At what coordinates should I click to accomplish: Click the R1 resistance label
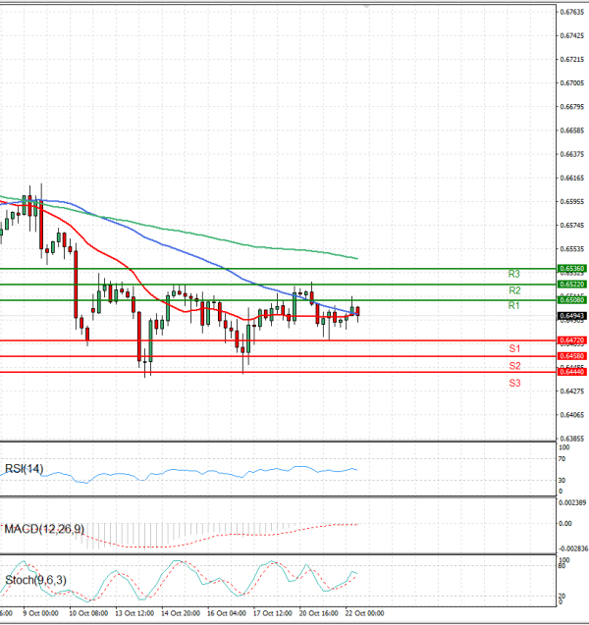(x=513, y=307)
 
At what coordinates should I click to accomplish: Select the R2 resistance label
(x=513, y=291)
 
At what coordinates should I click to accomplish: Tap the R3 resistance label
(x=513, y=274)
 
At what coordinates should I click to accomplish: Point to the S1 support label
(x=513, y=349)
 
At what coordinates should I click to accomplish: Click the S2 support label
(x=513, y=366)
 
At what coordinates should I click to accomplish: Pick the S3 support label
(x=513, y=383)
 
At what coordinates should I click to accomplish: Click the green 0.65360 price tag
(x=571, y=268)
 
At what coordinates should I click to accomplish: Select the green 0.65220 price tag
(x=571, y=284)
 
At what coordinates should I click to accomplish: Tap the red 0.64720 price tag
(x=571, y=340)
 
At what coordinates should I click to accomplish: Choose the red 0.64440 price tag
(x=571, y=372)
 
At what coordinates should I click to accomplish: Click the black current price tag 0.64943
(x=571, y=316)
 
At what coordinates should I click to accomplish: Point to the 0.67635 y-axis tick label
(x=571, y=13)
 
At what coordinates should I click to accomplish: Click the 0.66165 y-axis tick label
(x=571, y=179)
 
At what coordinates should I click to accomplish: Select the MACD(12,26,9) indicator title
(x=44, y=530)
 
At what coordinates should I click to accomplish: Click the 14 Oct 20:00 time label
(x=181, y=613)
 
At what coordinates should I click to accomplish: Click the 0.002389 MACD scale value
(x=571, y=503)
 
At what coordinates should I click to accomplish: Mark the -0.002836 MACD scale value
(x=571, y=547)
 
